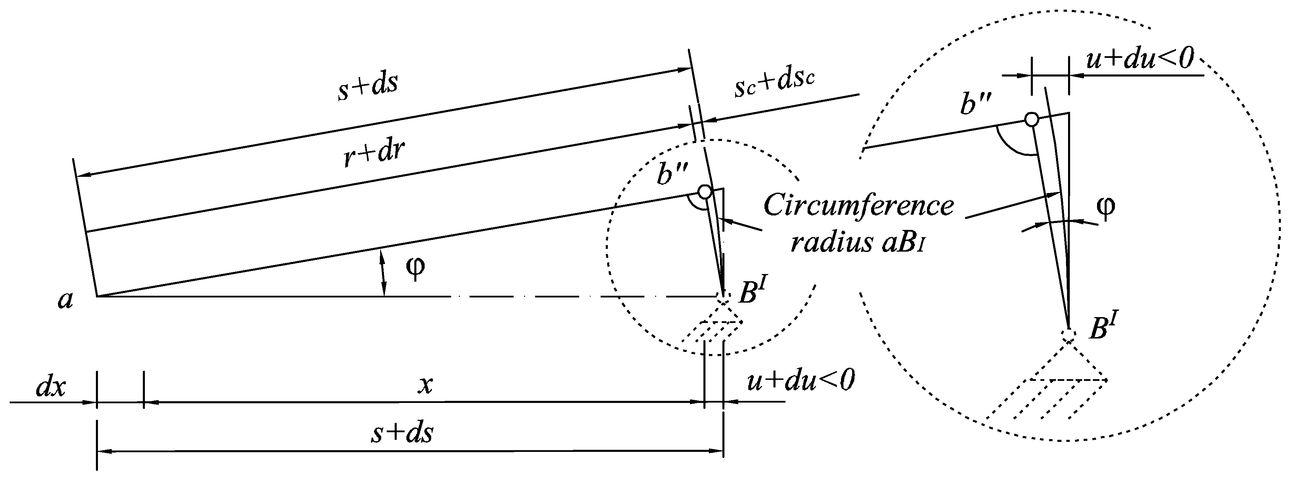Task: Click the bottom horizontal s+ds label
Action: coord(402,433)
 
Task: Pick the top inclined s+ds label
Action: coord(368,86)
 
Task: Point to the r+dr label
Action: coord(374,154)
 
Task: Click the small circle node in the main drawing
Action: coord(705,192)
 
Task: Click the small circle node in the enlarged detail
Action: coord(1032,120)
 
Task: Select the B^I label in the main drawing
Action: coord(752,293)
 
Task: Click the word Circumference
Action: coord(859,206)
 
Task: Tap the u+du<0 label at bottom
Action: coord(800,382)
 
